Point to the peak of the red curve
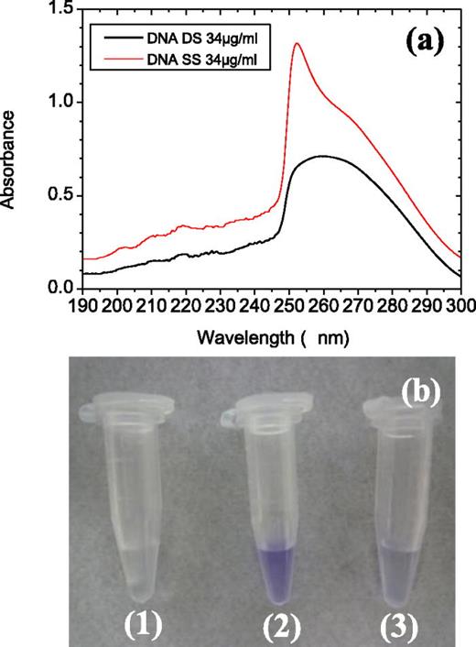point(297,43)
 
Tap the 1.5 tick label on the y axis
point(61,8)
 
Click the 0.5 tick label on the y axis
point(61,195)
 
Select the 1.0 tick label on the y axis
point(61,102)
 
